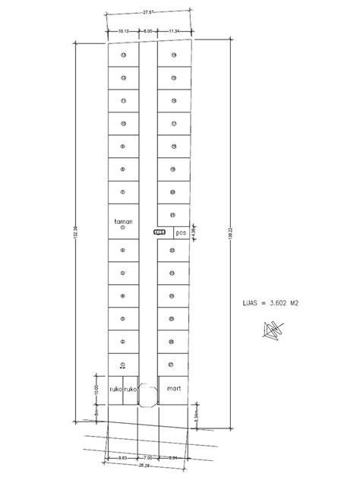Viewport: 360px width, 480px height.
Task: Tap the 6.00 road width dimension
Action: (149, 30)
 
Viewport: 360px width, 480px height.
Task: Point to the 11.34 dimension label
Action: (174, 30)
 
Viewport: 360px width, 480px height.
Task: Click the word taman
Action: (123, 222)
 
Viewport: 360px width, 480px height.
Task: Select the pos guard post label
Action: (180, 233)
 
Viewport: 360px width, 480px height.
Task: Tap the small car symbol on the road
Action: (159, 232)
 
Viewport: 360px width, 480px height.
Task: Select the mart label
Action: (175, 387)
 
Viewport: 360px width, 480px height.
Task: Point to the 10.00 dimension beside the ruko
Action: (96, 388)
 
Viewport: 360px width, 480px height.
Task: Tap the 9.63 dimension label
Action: (122, 457)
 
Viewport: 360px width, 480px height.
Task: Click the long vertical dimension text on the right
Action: (230, 235)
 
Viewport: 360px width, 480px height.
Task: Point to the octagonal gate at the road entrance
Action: (149, 393)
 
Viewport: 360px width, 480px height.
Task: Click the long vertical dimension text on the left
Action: (74, 235)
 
